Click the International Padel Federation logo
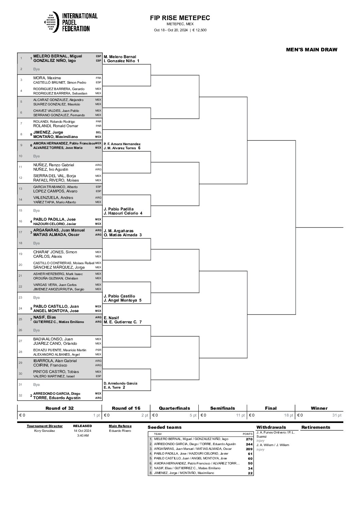pos(71,22)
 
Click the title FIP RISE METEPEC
pos(180,18)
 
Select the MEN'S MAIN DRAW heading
pos(312,50)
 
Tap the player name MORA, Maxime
pos(47,78)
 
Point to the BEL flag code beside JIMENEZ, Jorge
pos(98,132)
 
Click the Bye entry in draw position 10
pos(36,156)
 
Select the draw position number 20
pos(20,265)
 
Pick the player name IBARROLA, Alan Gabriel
pos(55,361)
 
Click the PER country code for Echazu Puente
pos(98,350)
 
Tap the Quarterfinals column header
pos(174,408)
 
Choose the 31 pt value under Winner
pos(337,415)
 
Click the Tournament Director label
pos(45,426)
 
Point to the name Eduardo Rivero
pos(120,431)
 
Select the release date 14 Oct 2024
pos(83,431)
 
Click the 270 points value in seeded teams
pos(249,439)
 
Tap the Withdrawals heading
pos(271,427)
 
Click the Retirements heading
pos(316,427)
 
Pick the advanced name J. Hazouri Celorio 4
pos(123,213)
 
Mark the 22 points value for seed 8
pos(250,473)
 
